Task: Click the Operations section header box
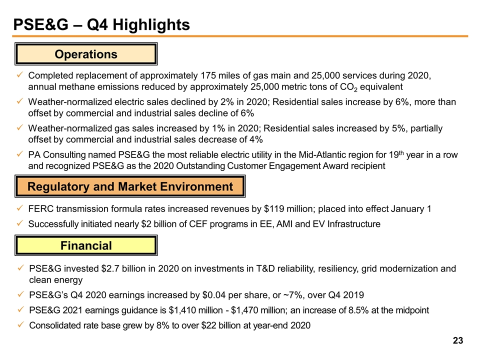tap(86, 54)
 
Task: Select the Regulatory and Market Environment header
tap(130, 186)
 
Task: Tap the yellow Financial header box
tap(86, 245)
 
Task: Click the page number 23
tap(458, 340)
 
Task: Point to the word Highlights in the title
tap(151, 24)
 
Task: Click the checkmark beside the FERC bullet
tap(20, 208)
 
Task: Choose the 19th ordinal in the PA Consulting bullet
tap(396, 154)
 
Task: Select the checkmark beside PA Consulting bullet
tap(20, 154)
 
